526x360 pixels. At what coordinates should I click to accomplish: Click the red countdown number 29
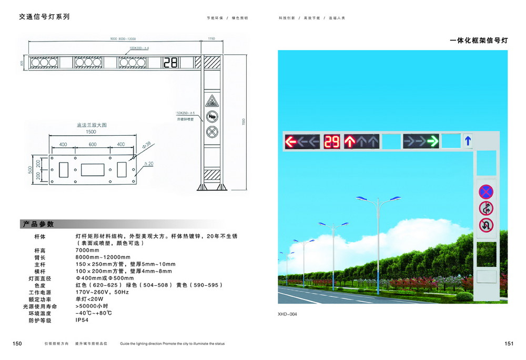coord(332,141)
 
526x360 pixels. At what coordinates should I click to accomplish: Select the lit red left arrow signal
coord(290,141)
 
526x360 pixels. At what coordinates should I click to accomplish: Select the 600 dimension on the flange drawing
coord(93,144)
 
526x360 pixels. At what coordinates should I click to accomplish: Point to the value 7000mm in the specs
coord(87,250)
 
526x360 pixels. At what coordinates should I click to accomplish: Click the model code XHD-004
coord(287,314)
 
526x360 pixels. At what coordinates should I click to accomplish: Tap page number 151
coord(509,344)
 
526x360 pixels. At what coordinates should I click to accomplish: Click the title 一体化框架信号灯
coord(479,40)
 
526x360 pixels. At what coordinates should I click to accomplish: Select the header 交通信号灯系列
coord(44,16)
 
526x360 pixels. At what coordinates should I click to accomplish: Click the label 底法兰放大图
coord(92,126)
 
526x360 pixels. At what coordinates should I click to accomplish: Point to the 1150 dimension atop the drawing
coord(211,38)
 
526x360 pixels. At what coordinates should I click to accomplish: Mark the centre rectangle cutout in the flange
coord(93,169)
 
